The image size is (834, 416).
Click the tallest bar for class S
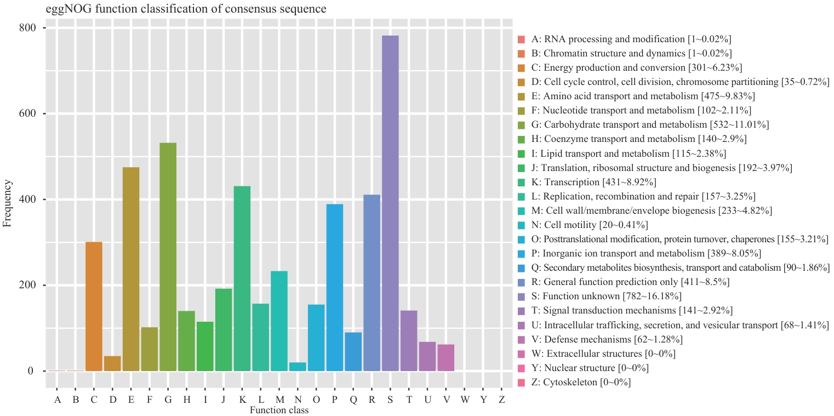[x=390, y=203]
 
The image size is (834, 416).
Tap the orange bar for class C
[x=94, y=306]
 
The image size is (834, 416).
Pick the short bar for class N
[x=298, y=367]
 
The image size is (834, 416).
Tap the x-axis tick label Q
[x=353, y=400]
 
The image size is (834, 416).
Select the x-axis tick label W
[x=465, y=400]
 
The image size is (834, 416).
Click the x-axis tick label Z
[x=502, y=400]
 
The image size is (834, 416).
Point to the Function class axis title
[x=279, y=410]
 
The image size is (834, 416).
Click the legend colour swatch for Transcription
[x=521, y=182]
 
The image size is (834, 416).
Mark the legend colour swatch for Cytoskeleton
[x=521, y=382]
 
